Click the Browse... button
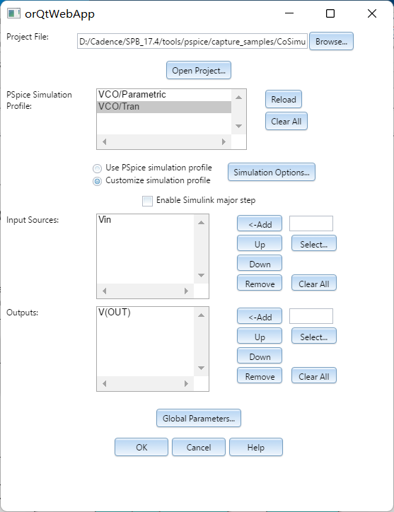[x=331, y=41]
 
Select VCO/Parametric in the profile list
[x=132, y=94]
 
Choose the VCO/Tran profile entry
[x=119, y=107]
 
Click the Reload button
[x=283, y=99]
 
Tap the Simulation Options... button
[x=271, y=172]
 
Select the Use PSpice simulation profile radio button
[x=97, y=168]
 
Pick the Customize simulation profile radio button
[x=97, y=181]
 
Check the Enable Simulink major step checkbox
[x=147, y=201]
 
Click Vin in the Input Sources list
[x=105, y=219]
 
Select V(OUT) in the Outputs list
[x=115, y=312]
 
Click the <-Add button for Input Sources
[x=260, y=224]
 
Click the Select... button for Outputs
[x=313, y=337]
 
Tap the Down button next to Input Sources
[x=260, y=264]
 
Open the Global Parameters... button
[x=199, y=418]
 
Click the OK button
[x=141, y=447]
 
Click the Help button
[x=256, y=447]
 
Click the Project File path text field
[x=192, y=41]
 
